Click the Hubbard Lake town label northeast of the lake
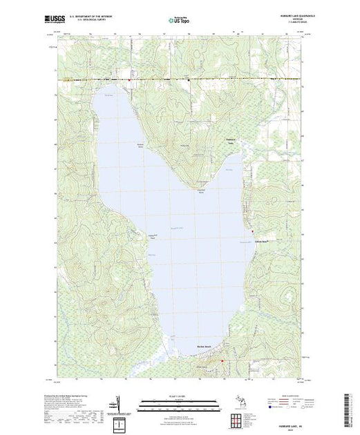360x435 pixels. pyautogui.click(x=231, y=141)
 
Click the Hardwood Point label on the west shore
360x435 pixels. pyautogui.click(x=146, y=237)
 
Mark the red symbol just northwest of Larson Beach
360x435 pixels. pyautogui.click(x=252, y=231)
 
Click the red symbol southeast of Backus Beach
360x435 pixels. pyautogui.click(x=222, y=360)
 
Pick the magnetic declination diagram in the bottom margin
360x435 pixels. pyautogui.click(x=118, y=403)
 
